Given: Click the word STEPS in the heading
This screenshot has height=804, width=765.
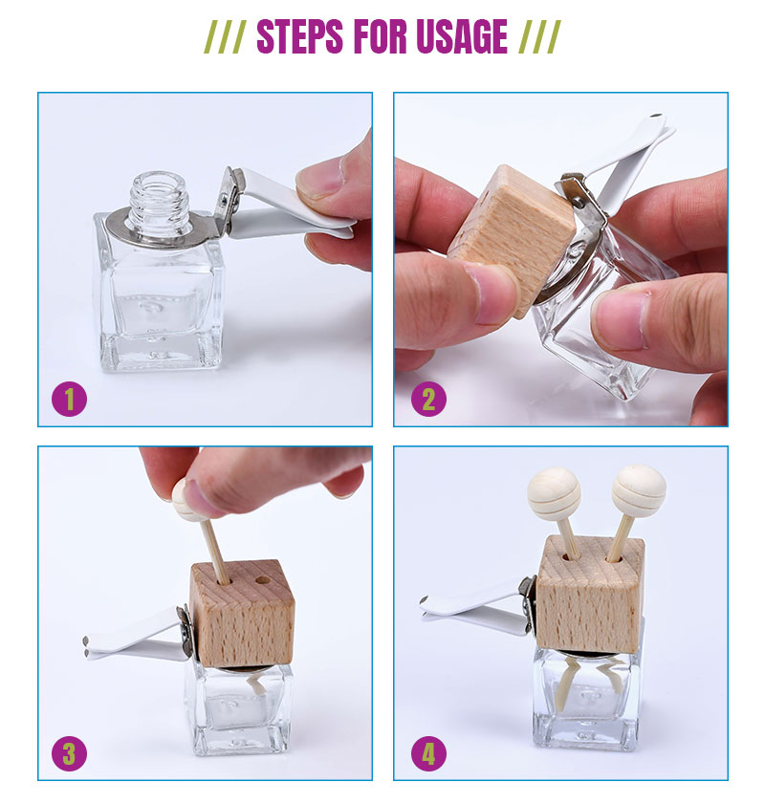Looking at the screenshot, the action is [299, 36].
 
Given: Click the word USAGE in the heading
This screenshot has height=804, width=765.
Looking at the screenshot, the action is [462, 36].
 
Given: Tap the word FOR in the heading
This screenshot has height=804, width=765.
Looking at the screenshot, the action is [380, 36].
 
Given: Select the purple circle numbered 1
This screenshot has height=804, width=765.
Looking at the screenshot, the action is [69, 399].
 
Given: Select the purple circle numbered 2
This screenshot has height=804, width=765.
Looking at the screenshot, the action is [428, 399].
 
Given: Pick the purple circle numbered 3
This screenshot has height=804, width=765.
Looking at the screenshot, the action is [69, 753].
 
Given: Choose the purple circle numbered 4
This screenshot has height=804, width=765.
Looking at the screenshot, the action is [428, 753].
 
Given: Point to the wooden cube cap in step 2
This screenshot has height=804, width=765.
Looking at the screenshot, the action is [512, 238].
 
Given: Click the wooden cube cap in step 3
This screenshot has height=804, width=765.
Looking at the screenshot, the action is [242, 613].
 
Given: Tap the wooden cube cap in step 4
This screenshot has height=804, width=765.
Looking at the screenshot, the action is [590, 594].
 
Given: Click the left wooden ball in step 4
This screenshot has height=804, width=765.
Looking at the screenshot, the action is [554, 493].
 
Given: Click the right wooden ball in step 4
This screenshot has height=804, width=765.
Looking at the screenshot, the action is [639, 490].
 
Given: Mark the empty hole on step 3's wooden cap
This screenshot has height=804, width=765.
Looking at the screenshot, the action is [263, 581].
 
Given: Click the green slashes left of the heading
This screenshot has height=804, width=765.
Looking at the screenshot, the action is [225, 37].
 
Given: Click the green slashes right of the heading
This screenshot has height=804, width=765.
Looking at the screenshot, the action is [539, 37].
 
